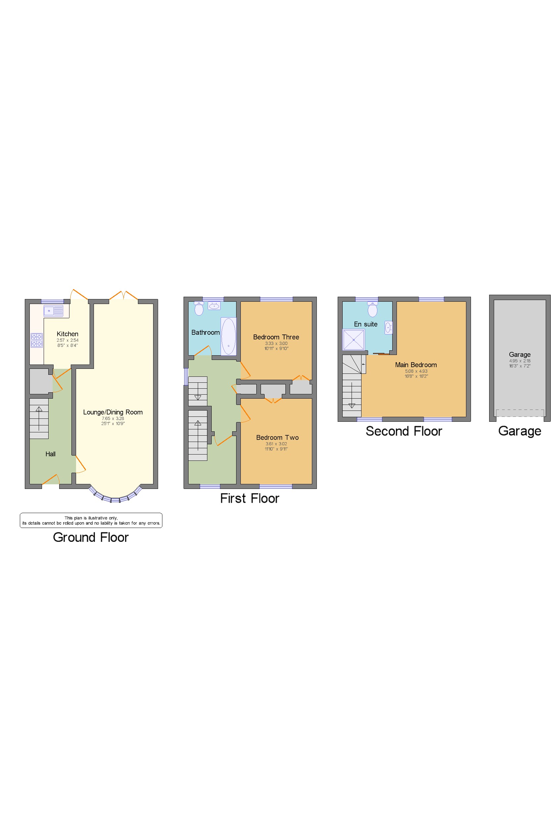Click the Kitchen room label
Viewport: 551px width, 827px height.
point(67,334)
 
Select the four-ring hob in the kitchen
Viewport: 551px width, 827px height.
point(36,340)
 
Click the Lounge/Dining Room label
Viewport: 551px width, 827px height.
point(113,412)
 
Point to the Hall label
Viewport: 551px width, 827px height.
point(50,454)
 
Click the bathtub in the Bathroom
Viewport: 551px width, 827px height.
point(229,336)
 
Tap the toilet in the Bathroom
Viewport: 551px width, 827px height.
point(199,309)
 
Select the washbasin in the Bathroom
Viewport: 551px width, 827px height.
point(214,306)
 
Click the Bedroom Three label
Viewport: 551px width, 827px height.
point(276,337)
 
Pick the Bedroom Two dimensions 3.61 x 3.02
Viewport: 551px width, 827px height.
point(276,444)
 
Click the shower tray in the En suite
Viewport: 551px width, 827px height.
point(354,339)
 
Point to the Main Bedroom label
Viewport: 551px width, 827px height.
point(416,365)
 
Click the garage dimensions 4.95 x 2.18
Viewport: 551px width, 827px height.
point(520,361)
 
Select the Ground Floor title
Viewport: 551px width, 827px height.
point(91,538)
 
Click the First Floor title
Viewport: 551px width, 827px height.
point(249,499)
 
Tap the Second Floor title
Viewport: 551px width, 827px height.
point(404,431)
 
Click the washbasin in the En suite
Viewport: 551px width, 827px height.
point(388,327)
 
